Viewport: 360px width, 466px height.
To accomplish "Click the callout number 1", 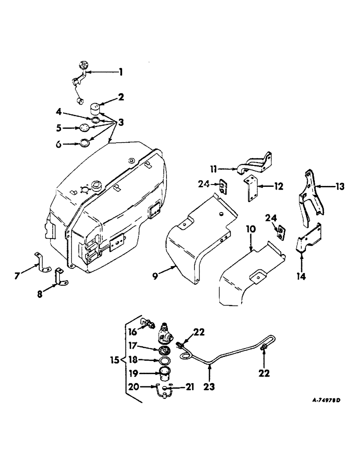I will click(x=120, y=72).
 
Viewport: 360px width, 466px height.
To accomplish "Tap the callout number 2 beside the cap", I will click(x=121, y=98).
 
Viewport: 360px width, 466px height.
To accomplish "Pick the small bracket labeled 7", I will click(x=43, y=262).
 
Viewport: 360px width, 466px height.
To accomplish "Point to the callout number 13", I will click(x=339, y=187).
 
